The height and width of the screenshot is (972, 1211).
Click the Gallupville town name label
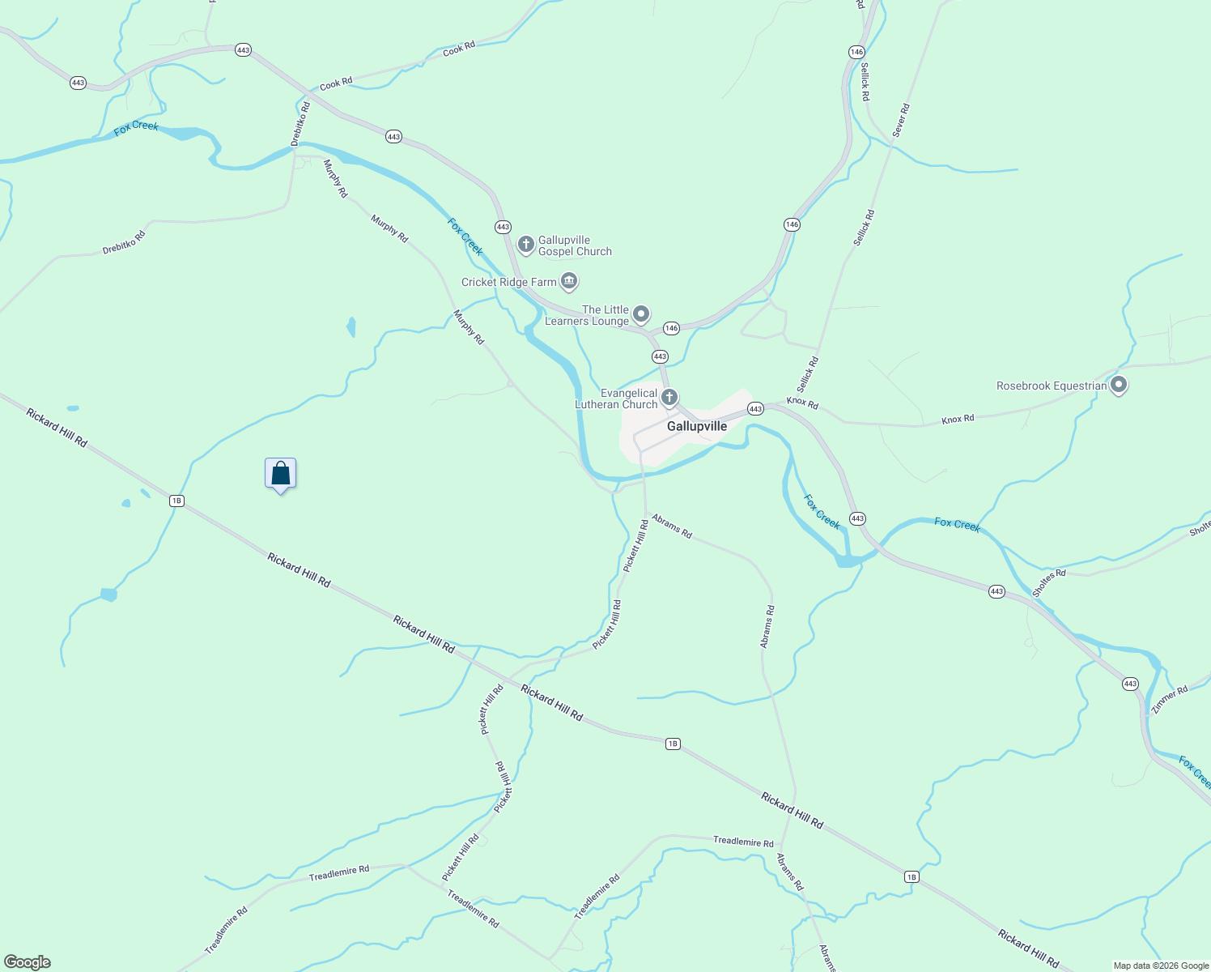point(696,426)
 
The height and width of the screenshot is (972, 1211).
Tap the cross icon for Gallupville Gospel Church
point(525,244)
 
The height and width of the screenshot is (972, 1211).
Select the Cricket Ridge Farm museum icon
point(569,281)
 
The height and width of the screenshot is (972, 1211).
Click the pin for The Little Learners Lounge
point(641,313)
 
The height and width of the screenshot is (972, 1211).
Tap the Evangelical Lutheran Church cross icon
point(669,397)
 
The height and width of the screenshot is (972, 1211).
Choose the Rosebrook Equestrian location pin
point(1119,385)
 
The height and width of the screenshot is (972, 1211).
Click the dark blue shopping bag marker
point(280,473)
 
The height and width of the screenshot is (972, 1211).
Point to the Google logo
point(28,962)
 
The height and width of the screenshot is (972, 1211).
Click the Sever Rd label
point(901,120)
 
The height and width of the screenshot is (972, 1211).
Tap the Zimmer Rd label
point(1170,700)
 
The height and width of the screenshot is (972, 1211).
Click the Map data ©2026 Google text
point(1161,966)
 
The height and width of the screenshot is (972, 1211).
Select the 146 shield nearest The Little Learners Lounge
point(671,328)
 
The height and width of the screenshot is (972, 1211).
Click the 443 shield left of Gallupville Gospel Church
point(503,227)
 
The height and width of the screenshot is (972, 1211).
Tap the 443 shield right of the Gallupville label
point(755,409)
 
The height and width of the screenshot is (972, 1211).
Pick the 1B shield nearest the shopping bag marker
point(176,501)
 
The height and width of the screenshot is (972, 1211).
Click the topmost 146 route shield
point(856,52)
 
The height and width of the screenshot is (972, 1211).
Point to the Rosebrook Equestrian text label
point(1052,386)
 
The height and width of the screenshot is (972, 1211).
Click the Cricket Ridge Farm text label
point(508,283)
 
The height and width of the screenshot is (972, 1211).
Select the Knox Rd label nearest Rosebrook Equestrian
point(958,419)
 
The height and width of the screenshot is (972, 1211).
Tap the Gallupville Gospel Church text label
point(575,245)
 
